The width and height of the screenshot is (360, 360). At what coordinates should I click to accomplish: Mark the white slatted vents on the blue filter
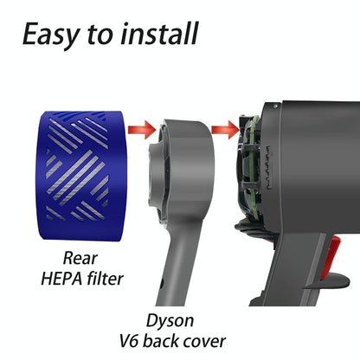pyautogui.click(x=80, y=164)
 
